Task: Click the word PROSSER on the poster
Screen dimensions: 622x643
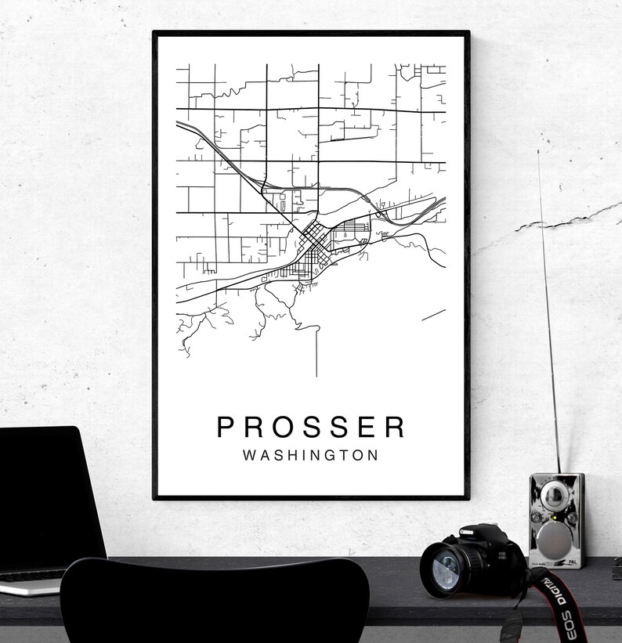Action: click(x=311, y=427)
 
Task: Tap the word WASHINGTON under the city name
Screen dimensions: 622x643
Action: click(x=311, y=455)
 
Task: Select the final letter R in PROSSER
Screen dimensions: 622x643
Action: click(x=396, y=427)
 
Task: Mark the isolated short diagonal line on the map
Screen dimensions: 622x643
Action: click(x=433, y=314)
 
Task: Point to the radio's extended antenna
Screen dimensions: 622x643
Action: click(x=548, y=313)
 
